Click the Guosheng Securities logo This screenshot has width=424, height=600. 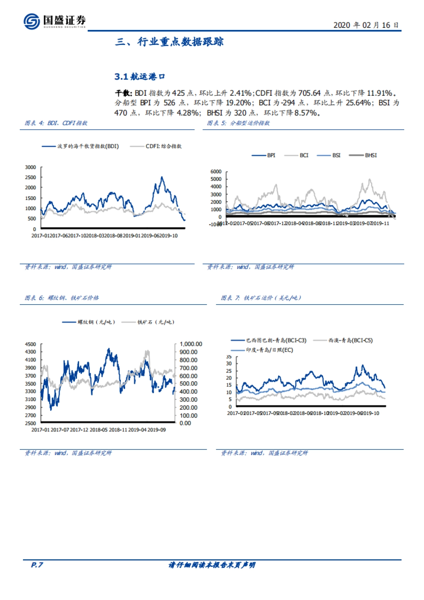point(54,21)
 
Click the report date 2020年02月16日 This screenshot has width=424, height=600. point(366,25)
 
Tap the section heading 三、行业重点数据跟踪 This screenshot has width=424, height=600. point(169,42)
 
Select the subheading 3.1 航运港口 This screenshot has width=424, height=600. point(140,77)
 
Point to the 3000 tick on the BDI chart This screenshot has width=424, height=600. point(30,167)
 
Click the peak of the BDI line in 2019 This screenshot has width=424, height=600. point(162,177)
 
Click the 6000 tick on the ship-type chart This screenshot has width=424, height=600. point(216,172)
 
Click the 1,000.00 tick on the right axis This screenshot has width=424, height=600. point(191,344)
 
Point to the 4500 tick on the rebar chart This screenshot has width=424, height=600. point(30,344)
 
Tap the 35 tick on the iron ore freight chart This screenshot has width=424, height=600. point(229,357)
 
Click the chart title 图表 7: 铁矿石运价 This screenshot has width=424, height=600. point(261,298)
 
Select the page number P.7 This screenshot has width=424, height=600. point(37,565)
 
